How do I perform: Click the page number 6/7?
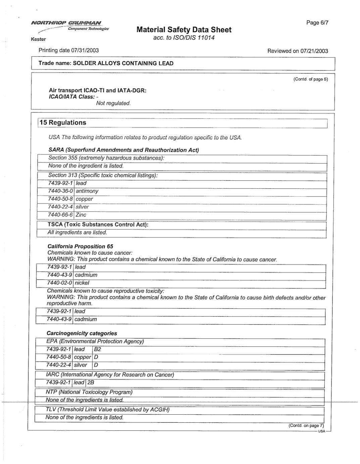317,22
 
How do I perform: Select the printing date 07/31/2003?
85,50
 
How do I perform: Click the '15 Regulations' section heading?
63,123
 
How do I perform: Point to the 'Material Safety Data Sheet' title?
184,30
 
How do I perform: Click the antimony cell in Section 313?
87,191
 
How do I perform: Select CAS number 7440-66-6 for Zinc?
60,215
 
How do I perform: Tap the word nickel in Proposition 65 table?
82,283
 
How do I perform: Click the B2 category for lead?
97,349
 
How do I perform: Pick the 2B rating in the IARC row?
91,382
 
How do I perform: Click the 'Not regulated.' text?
113,103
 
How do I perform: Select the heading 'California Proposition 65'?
80,246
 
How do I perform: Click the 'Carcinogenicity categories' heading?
82,333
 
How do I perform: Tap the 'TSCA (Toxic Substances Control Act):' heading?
98,224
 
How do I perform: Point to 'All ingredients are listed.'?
77,232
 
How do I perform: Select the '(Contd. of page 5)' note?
310,79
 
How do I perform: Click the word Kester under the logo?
38,39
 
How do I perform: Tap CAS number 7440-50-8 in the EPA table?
59,357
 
